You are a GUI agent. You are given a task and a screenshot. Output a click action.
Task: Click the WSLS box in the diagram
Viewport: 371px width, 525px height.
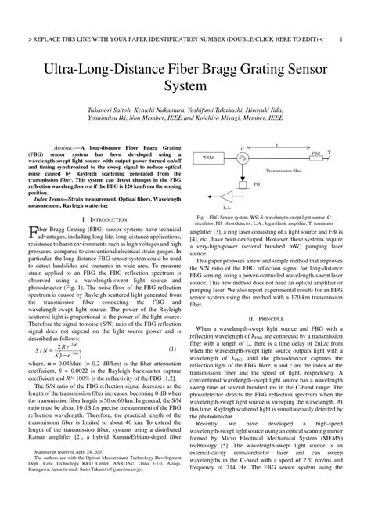coord(210,157)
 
